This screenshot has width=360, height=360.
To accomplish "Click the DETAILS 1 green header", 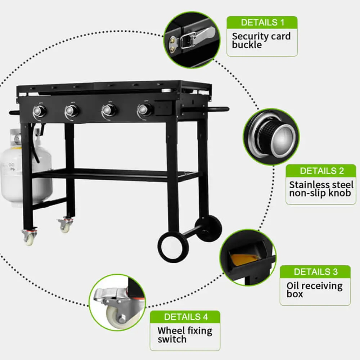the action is (x=262, y=22).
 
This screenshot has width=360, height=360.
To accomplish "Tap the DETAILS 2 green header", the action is (x=321, y=171).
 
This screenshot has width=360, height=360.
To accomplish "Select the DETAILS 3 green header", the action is (x=315, y=271).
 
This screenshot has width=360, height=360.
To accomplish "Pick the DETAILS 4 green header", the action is (x=185, y=317).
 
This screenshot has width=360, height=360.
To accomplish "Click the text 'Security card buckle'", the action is (x=261, y=40).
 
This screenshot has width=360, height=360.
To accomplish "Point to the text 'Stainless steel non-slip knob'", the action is (x=321, y=189).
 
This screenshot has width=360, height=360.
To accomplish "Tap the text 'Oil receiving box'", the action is (x=315, y=290).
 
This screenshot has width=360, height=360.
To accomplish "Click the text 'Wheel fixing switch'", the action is (x=185, y=335).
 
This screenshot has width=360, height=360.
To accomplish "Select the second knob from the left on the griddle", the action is (x=72, y=111).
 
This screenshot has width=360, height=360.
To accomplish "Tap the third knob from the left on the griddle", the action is (x=109, y=111).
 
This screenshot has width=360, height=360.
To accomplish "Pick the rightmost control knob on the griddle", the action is (x=145, y=110).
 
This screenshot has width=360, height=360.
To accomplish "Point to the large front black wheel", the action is (x=174, y=247).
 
